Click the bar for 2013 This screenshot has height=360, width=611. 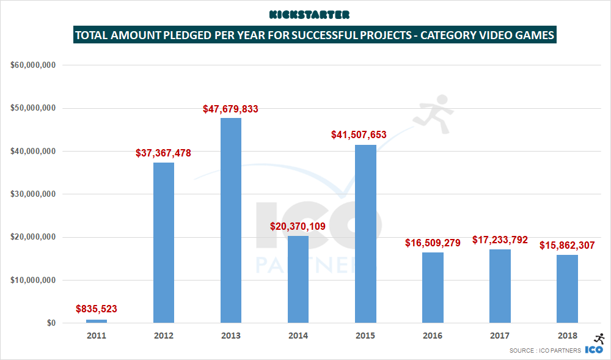coord(231,220)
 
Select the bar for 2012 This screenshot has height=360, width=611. coord(164,242)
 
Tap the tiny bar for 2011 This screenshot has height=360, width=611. coord(97,321)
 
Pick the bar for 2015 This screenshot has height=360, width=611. coord(365,233)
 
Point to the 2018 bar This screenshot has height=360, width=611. coord(567,288)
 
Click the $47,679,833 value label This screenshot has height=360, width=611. coord(231,109)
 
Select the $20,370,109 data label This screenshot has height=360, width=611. coord(298,227)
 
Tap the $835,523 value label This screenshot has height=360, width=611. coord(97,309)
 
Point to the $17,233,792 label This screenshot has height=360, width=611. coord(500,240)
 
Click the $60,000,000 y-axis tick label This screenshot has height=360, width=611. coord(34,65)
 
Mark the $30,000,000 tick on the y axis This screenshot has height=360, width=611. coord(34,194)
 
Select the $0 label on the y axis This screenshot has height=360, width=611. coord(51,323)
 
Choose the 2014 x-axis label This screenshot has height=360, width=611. coord(298,336)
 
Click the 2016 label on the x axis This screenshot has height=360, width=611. coord(433,336)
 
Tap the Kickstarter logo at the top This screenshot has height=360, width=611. coord(309,14)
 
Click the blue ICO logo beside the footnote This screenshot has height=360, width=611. coord(595,350)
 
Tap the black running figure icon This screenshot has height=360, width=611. coord(599,339)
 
